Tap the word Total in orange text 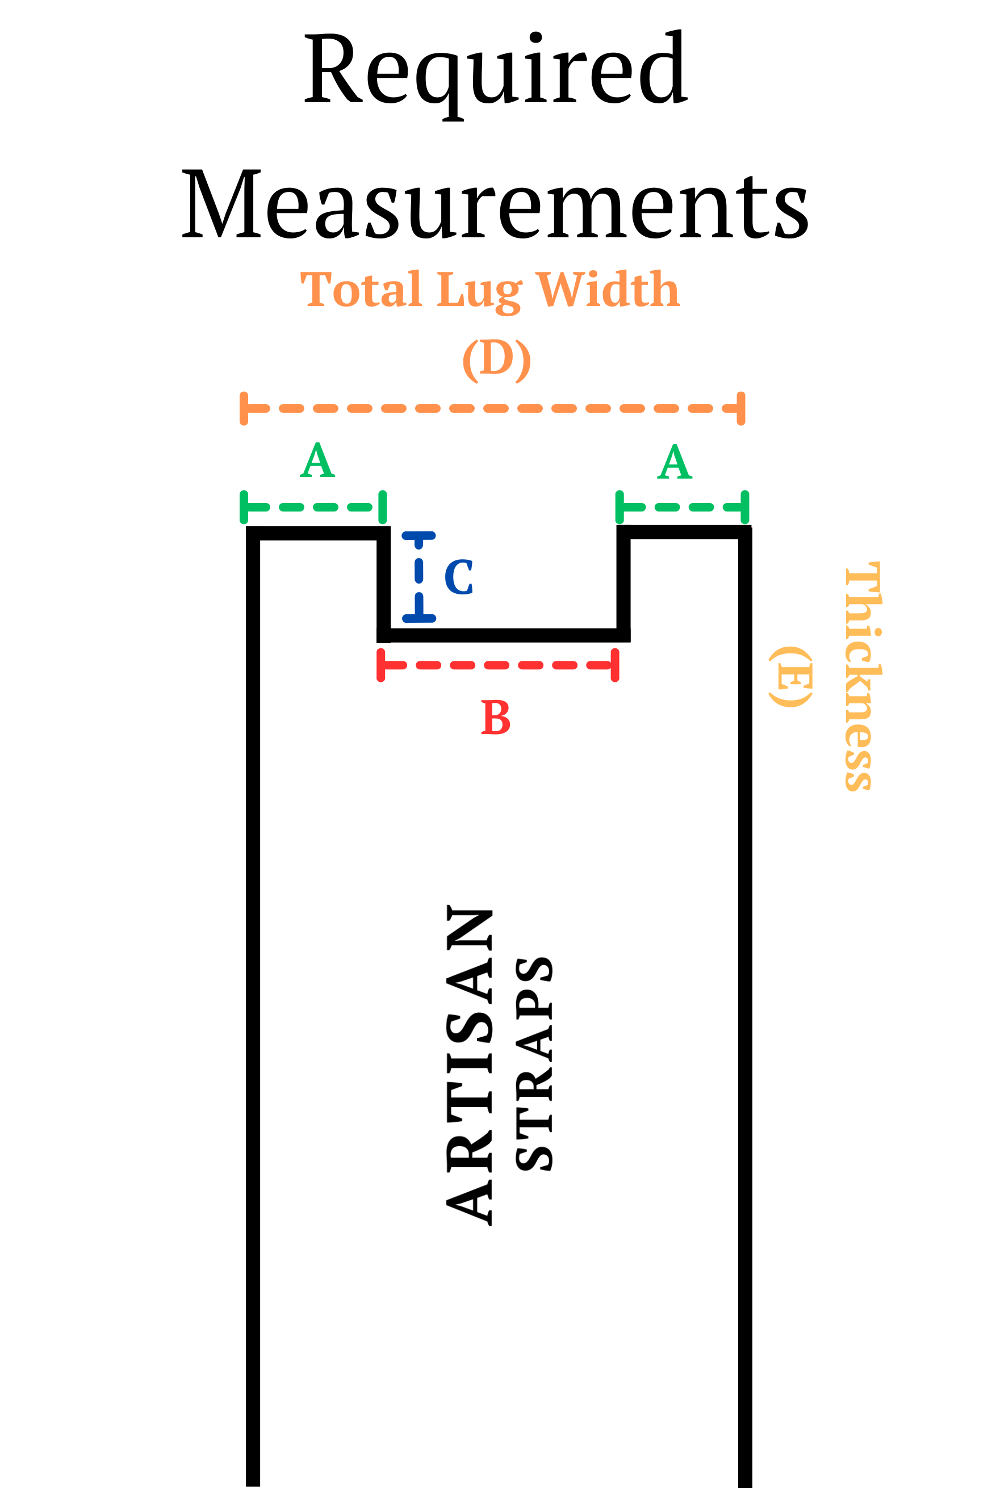coord(361,290)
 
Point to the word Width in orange coord(608,290)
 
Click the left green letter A coord(317,460)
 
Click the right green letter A coord(675,462)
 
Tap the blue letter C coord(459,577)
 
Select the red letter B coord(495,717)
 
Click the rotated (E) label coord(791,677)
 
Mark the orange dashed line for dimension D coord(492,409)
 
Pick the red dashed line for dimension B coord(498,665)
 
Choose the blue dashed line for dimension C coord(419,576)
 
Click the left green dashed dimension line coord(313,507)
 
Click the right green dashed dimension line coord(682,507)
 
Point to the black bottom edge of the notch coord(504,635)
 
